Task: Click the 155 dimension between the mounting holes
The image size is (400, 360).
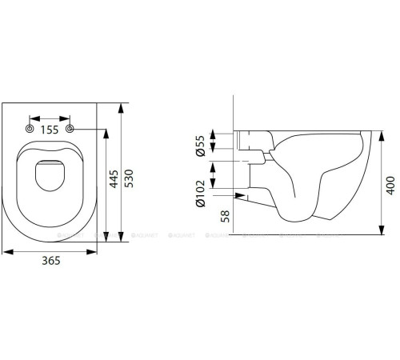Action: click(x=50, y=129)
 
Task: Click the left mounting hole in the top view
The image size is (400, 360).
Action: click(x=30, y=129)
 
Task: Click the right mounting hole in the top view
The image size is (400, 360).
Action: click(x=71, y=129)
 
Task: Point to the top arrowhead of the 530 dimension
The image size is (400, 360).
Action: click(x=121, y=105)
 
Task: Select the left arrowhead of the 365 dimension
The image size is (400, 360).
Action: click(x=6, y=250)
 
